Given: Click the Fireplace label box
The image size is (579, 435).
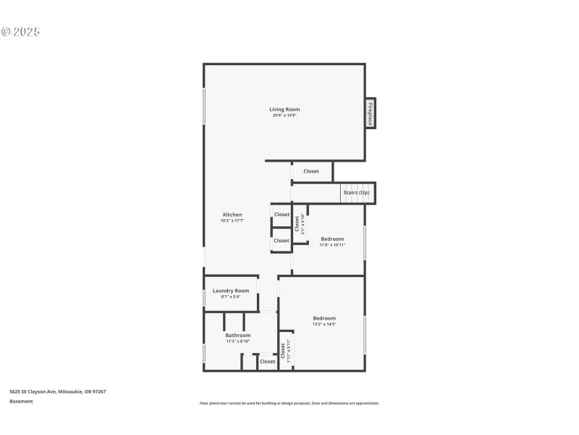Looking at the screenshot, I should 370,113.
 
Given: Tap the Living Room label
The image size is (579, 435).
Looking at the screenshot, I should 284,109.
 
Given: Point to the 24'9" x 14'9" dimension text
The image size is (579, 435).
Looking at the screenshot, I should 284,115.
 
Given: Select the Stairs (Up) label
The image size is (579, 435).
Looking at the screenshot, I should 356,193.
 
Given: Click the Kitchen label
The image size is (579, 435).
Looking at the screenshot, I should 232,215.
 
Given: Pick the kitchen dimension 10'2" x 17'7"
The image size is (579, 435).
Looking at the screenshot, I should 232,220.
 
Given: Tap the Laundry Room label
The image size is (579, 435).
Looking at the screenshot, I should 231,291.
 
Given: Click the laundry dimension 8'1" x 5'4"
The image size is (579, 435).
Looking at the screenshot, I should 231,297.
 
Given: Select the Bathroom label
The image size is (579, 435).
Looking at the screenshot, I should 237,336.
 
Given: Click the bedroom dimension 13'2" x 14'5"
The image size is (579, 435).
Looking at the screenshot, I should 324,324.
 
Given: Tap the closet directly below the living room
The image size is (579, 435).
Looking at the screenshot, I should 311,172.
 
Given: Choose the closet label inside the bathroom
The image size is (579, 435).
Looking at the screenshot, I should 268,361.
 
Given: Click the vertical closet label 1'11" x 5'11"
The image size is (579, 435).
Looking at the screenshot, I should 285,350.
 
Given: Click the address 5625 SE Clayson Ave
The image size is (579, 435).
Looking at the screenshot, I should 58,391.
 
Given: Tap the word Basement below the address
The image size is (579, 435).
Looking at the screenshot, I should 21,401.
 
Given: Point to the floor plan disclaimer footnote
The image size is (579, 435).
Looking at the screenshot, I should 289,403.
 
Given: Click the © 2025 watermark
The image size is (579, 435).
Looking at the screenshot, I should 20,32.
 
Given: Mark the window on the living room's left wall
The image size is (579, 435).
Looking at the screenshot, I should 204,108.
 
